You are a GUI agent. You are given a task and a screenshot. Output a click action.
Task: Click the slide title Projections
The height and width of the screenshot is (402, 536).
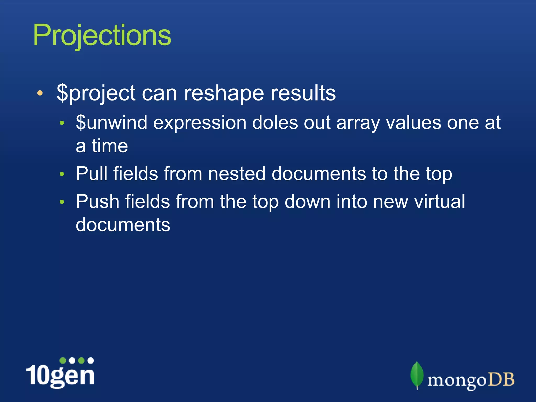102,35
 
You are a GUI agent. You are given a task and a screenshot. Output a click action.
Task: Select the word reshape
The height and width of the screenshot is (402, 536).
224,93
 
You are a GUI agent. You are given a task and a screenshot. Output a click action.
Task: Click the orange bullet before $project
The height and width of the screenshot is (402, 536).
40,93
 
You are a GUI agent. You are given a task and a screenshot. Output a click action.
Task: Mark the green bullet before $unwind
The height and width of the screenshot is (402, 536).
62,123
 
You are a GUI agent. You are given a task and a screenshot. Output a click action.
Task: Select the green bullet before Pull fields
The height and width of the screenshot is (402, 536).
62,174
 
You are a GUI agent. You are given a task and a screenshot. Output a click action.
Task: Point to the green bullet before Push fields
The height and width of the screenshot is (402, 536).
62,202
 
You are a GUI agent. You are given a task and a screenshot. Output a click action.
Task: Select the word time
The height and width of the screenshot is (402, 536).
110,146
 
